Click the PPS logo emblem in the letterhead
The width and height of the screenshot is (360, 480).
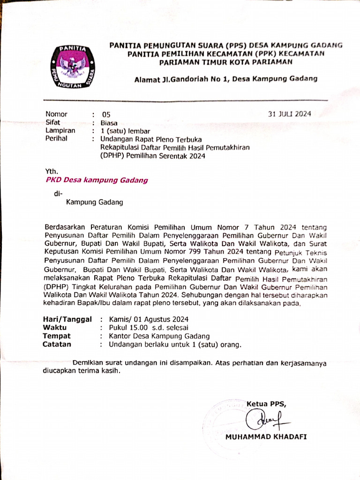tap(72, 67)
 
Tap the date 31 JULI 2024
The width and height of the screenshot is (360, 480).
tap(289, 113)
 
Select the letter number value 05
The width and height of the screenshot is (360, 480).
tap(106, 115)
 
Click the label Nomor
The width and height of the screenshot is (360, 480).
tap(56, 114)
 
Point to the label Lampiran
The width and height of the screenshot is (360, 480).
tap(60, 131)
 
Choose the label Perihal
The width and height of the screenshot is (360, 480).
tap(56, 139)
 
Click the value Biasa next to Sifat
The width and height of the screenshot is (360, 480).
tap(110, 123)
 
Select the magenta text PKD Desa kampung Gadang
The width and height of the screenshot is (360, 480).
tap(97, 180)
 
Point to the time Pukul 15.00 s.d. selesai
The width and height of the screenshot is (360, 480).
tap(149, 328)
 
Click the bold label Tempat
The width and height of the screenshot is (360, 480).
tap(56, 336)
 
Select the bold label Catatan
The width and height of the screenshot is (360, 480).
tap(57, 345)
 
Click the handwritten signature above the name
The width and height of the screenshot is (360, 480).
tap(265, 418)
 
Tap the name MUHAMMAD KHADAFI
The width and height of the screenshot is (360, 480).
tap(266, 437)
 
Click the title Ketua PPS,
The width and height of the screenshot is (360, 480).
tap(266, 404)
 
